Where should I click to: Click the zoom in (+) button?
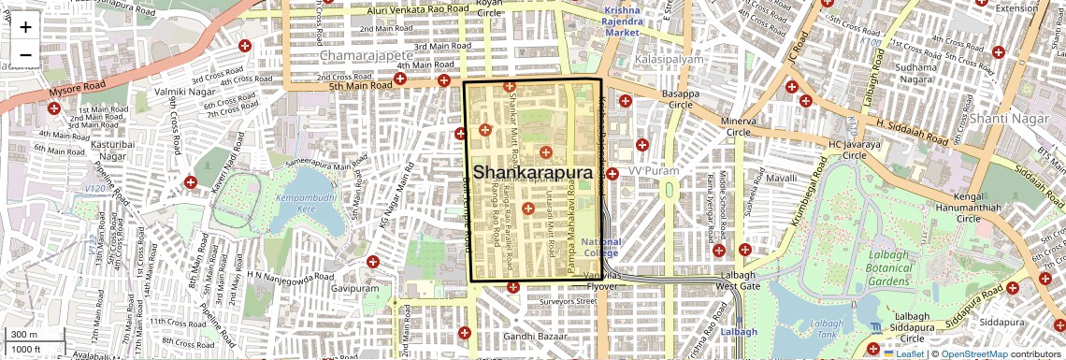[x=25, y=27]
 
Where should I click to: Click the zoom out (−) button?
[x=25, y=55]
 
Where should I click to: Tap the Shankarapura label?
[x=533, y=173]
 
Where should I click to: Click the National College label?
[x=600, y=248]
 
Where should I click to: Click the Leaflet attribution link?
[x=910, y=353]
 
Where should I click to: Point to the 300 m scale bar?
[x=24, y=334]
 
